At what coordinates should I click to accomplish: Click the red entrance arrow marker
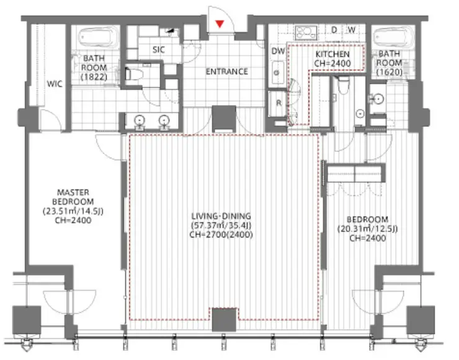coord(220,24)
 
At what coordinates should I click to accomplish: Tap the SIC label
coord(159,50)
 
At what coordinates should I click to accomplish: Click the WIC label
coord(55,84)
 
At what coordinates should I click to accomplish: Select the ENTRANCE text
coord(226,72)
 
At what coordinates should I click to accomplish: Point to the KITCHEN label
coord(332,54)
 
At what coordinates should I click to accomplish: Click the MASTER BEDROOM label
coord(73,197)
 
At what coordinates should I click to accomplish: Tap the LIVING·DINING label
coord(221,216)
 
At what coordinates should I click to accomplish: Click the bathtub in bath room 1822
coord(96,37)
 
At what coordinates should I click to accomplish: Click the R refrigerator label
coord(279,103)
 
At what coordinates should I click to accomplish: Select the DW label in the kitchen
coord(278,52)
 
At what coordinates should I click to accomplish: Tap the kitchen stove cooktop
coord(306,32)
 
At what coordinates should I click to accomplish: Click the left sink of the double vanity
coord(140,120)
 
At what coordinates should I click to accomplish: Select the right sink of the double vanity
coord(164,120)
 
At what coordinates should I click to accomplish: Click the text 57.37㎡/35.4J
coord(221,225)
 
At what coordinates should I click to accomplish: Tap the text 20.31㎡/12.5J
coord(367,229)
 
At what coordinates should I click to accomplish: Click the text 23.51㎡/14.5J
coord(73,211)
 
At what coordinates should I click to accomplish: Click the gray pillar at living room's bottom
coord(224,320)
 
